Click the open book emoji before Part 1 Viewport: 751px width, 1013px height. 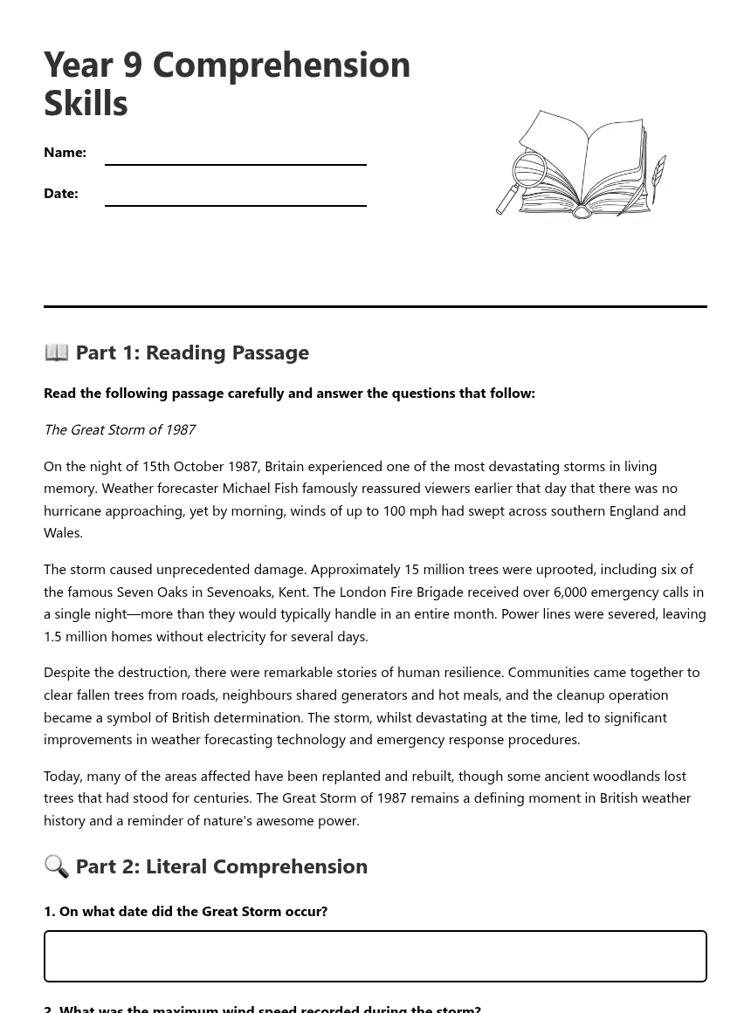pyautogui.click(x=57, y=352)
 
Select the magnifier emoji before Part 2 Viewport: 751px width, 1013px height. pyautogui.click(x=57, y=866)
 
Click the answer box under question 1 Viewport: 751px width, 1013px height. pyautogui.click(x=375, y=956)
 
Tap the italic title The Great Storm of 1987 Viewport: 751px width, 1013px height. pyautogui.click(x=120, y=429)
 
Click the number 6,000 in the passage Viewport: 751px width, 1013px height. pyautogui.click(x=569, y=592)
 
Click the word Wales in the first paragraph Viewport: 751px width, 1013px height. pyautogui.click(x=63, y=532)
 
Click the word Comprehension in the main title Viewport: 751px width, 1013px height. pyautogui.click(x=281, y=65)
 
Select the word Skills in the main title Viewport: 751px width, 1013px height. pyautogui.click(x=86, y=103)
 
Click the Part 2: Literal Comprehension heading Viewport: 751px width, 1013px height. pyautogui.click(x=221, y=866)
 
